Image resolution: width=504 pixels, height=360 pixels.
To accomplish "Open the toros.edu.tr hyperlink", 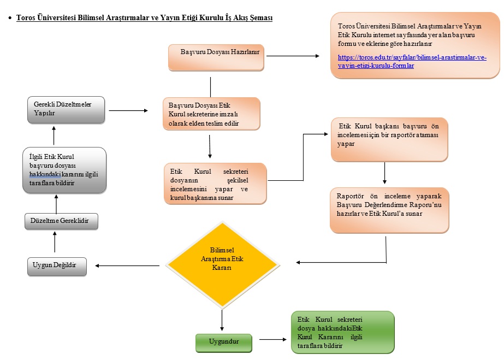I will coord(412,61).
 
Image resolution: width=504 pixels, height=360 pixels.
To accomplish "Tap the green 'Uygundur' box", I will coord(224,343).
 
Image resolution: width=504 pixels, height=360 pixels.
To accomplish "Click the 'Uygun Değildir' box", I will coord(57,266).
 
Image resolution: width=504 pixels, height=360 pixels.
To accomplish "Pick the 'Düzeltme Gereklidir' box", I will coord(61,221).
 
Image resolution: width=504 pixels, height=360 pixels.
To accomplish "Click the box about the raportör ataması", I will coord(389,139).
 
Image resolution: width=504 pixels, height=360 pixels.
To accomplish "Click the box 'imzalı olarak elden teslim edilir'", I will coord(211,114).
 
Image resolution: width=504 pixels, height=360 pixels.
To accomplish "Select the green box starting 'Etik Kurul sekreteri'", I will coord(342,332).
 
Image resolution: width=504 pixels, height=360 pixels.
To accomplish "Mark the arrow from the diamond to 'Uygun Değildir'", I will coord(128,266).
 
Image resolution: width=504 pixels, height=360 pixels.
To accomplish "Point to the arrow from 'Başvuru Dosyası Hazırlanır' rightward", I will coord(293,55).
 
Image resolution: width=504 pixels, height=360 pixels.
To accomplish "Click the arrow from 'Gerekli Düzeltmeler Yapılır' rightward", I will coord(128,110).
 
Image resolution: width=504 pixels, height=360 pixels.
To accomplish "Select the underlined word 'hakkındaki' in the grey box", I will coord(45,174).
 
